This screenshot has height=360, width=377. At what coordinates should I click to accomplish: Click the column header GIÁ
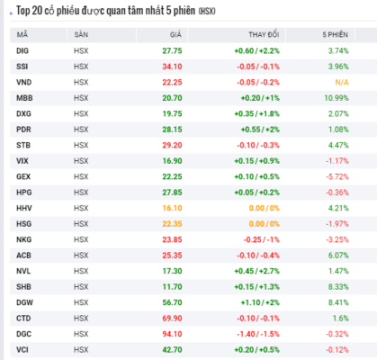(x=175, y=34)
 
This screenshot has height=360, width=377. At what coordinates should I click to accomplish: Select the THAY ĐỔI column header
(x=264, y=34)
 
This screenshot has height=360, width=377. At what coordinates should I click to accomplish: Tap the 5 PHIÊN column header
(x=336, y=35)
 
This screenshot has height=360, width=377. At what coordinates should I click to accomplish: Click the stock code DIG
(x=22, y=50)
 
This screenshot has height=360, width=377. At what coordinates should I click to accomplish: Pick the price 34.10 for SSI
(x=172, y=67)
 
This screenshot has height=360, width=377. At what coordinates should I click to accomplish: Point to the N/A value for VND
(x=342, y=82)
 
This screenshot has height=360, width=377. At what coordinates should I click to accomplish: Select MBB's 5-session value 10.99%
(x=337, y=98)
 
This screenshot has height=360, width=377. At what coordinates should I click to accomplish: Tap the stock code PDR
(x=23, y=130)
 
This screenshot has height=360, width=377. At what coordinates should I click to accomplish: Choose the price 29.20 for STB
(x=172, y=145)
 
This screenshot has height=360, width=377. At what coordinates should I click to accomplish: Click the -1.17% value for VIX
(x=337, y=161)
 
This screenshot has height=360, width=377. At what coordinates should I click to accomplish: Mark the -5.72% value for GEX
(x=337, y=176)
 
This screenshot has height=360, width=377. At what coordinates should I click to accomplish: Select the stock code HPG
(x=24, y=193)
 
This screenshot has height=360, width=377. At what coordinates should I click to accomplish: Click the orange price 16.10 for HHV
(x=172, y=208)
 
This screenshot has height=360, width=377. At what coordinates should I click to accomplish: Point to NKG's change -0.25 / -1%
(x=261, y=239)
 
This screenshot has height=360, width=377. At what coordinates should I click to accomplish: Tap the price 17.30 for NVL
(x=172, y=271)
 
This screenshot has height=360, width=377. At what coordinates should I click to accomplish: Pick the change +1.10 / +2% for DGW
(x=260, y=302)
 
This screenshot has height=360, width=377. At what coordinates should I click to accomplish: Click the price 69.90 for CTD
(x=172, y=319)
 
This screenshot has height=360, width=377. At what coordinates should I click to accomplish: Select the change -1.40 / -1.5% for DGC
(x=258, y=334)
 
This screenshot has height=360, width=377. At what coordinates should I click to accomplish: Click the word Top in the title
(x=23, y=11)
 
